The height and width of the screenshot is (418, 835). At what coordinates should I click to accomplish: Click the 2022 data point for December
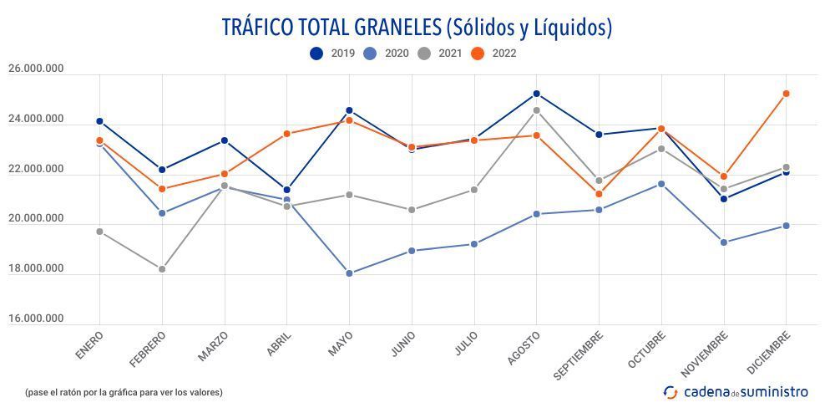click(786, 94)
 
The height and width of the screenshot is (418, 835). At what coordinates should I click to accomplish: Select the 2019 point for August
click(536, 94)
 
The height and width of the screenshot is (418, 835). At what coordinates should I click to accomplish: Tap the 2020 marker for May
click(349, 273)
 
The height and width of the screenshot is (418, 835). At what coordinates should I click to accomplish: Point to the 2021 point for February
click(162, 269)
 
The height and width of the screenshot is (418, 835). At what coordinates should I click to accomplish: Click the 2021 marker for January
click(99, 232)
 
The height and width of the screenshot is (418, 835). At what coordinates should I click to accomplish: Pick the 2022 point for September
click(599, 194)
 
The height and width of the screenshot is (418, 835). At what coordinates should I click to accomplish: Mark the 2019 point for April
click(287, 190)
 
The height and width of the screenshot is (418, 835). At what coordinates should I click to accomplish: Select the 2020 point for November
click(723, 242)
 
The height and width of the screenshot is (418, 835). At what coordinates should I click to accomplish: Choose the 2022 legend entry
click(493, 54)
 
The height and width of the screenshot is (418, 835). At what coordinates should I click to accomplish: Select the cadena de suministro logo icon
click(671, 392)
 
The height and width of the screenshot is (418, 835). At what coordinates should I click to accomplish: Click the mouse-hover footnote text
click(124, 392)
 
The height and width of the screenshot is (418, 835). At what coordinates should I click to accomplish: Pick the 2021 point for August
click(536, 110)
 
